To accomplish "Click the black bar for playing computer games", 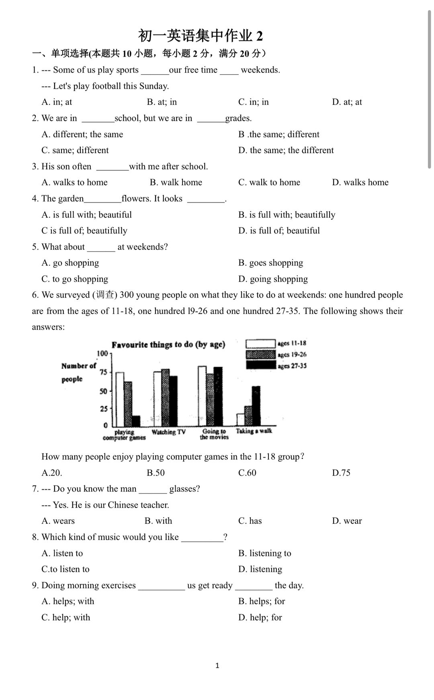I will click(136, 421).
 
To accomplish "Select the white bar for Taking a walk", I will click(240, 419).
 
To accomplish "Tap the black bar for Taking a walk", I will click(256, 406).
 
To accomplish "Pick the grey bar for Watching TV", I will click(165, 398).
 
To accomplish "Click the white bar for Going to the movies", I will click(202, 396).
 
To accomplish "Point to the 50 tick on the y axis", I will click(104, 391).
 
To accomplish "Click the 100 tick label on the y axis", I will click(102, 353).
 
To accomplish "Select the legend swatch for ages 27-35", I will click(260, 365).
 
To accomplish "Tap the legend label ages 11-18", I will click(292, 343).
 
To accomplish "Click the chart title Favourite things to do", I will click(168, 345).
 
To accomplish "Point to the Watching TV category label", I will click(169, 432).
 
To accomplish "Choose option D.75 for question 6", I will click(341, 473).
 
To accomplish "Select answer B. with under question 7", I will click(158, 521).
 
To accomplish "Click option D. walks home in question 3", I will click(360, 182).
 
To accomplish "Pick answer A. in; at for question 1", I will click(57, 102).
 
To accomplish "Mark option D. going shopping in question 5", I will click(273, 279).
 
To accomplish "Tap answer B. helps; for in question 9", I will click(262, 601).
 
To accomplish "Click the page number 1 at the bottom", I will click(217, 665).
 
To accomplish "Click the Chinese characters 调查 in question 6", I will click(105, 295).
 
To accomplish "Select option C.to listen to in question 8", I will click(66, 569).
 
